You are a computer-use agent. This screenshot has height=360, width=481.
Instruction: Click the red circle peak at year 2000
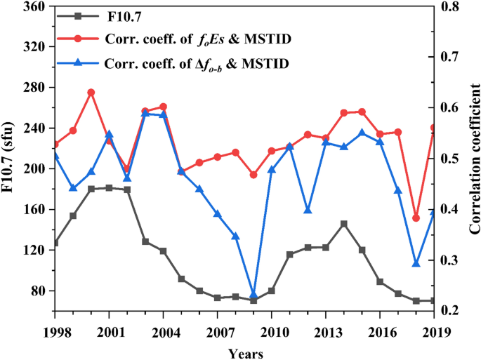coord(91,93)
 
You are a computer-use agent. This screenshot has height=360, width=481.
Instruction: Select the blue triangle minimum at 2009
coord(253,295)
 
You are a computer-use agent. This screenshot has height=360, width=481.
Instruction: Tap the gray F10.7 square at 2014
coord(344,224)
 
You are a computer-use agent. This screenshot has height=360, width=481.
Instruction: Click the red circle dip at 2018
coord(416,218)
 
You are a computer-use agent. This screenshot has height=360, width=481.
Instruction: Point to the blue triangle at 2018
coord(416,263)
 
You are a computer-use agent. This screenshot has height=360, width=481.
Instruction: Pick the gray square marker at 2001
coord(109,188)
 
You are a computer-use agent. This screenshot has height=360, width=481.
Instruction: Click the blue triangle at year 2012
coord(308,211)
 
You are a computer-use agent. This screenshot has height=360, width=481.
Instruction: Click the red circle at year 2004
coord(163,107)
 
